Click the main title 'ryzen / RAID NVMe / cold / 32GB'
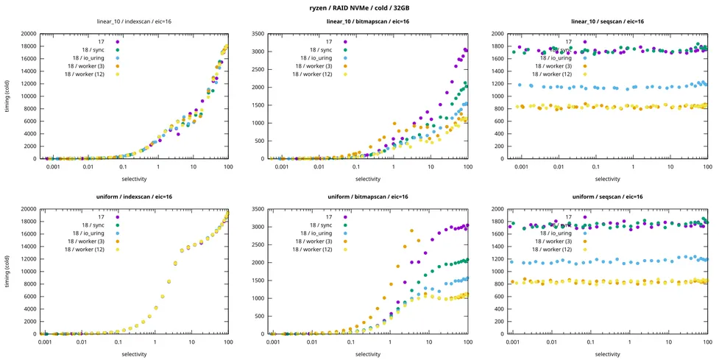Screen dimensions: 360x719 pyautogui.click(x=359, y=7)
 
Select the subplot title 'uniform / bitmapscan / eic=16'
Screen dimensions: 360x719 pyautogui.click(x=367, y=197)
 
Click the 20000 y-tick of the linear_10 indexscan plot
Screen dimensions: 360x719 pyautogui.click(x=26, y=34)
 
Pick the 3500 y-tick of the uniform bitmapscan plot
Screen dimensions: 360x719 pyautogui.click(x=254, y=209)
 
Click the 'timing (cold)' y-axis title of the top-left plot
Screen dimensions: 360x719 pyautogui.click(x=7, y=96)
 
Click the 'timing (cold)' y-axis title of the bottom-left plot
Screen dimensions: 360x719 pyautogui.click(x=7, y=272)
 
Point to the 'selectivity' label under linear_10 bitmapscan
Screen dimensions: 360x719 pyautogui.click(x=367, y=179)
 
